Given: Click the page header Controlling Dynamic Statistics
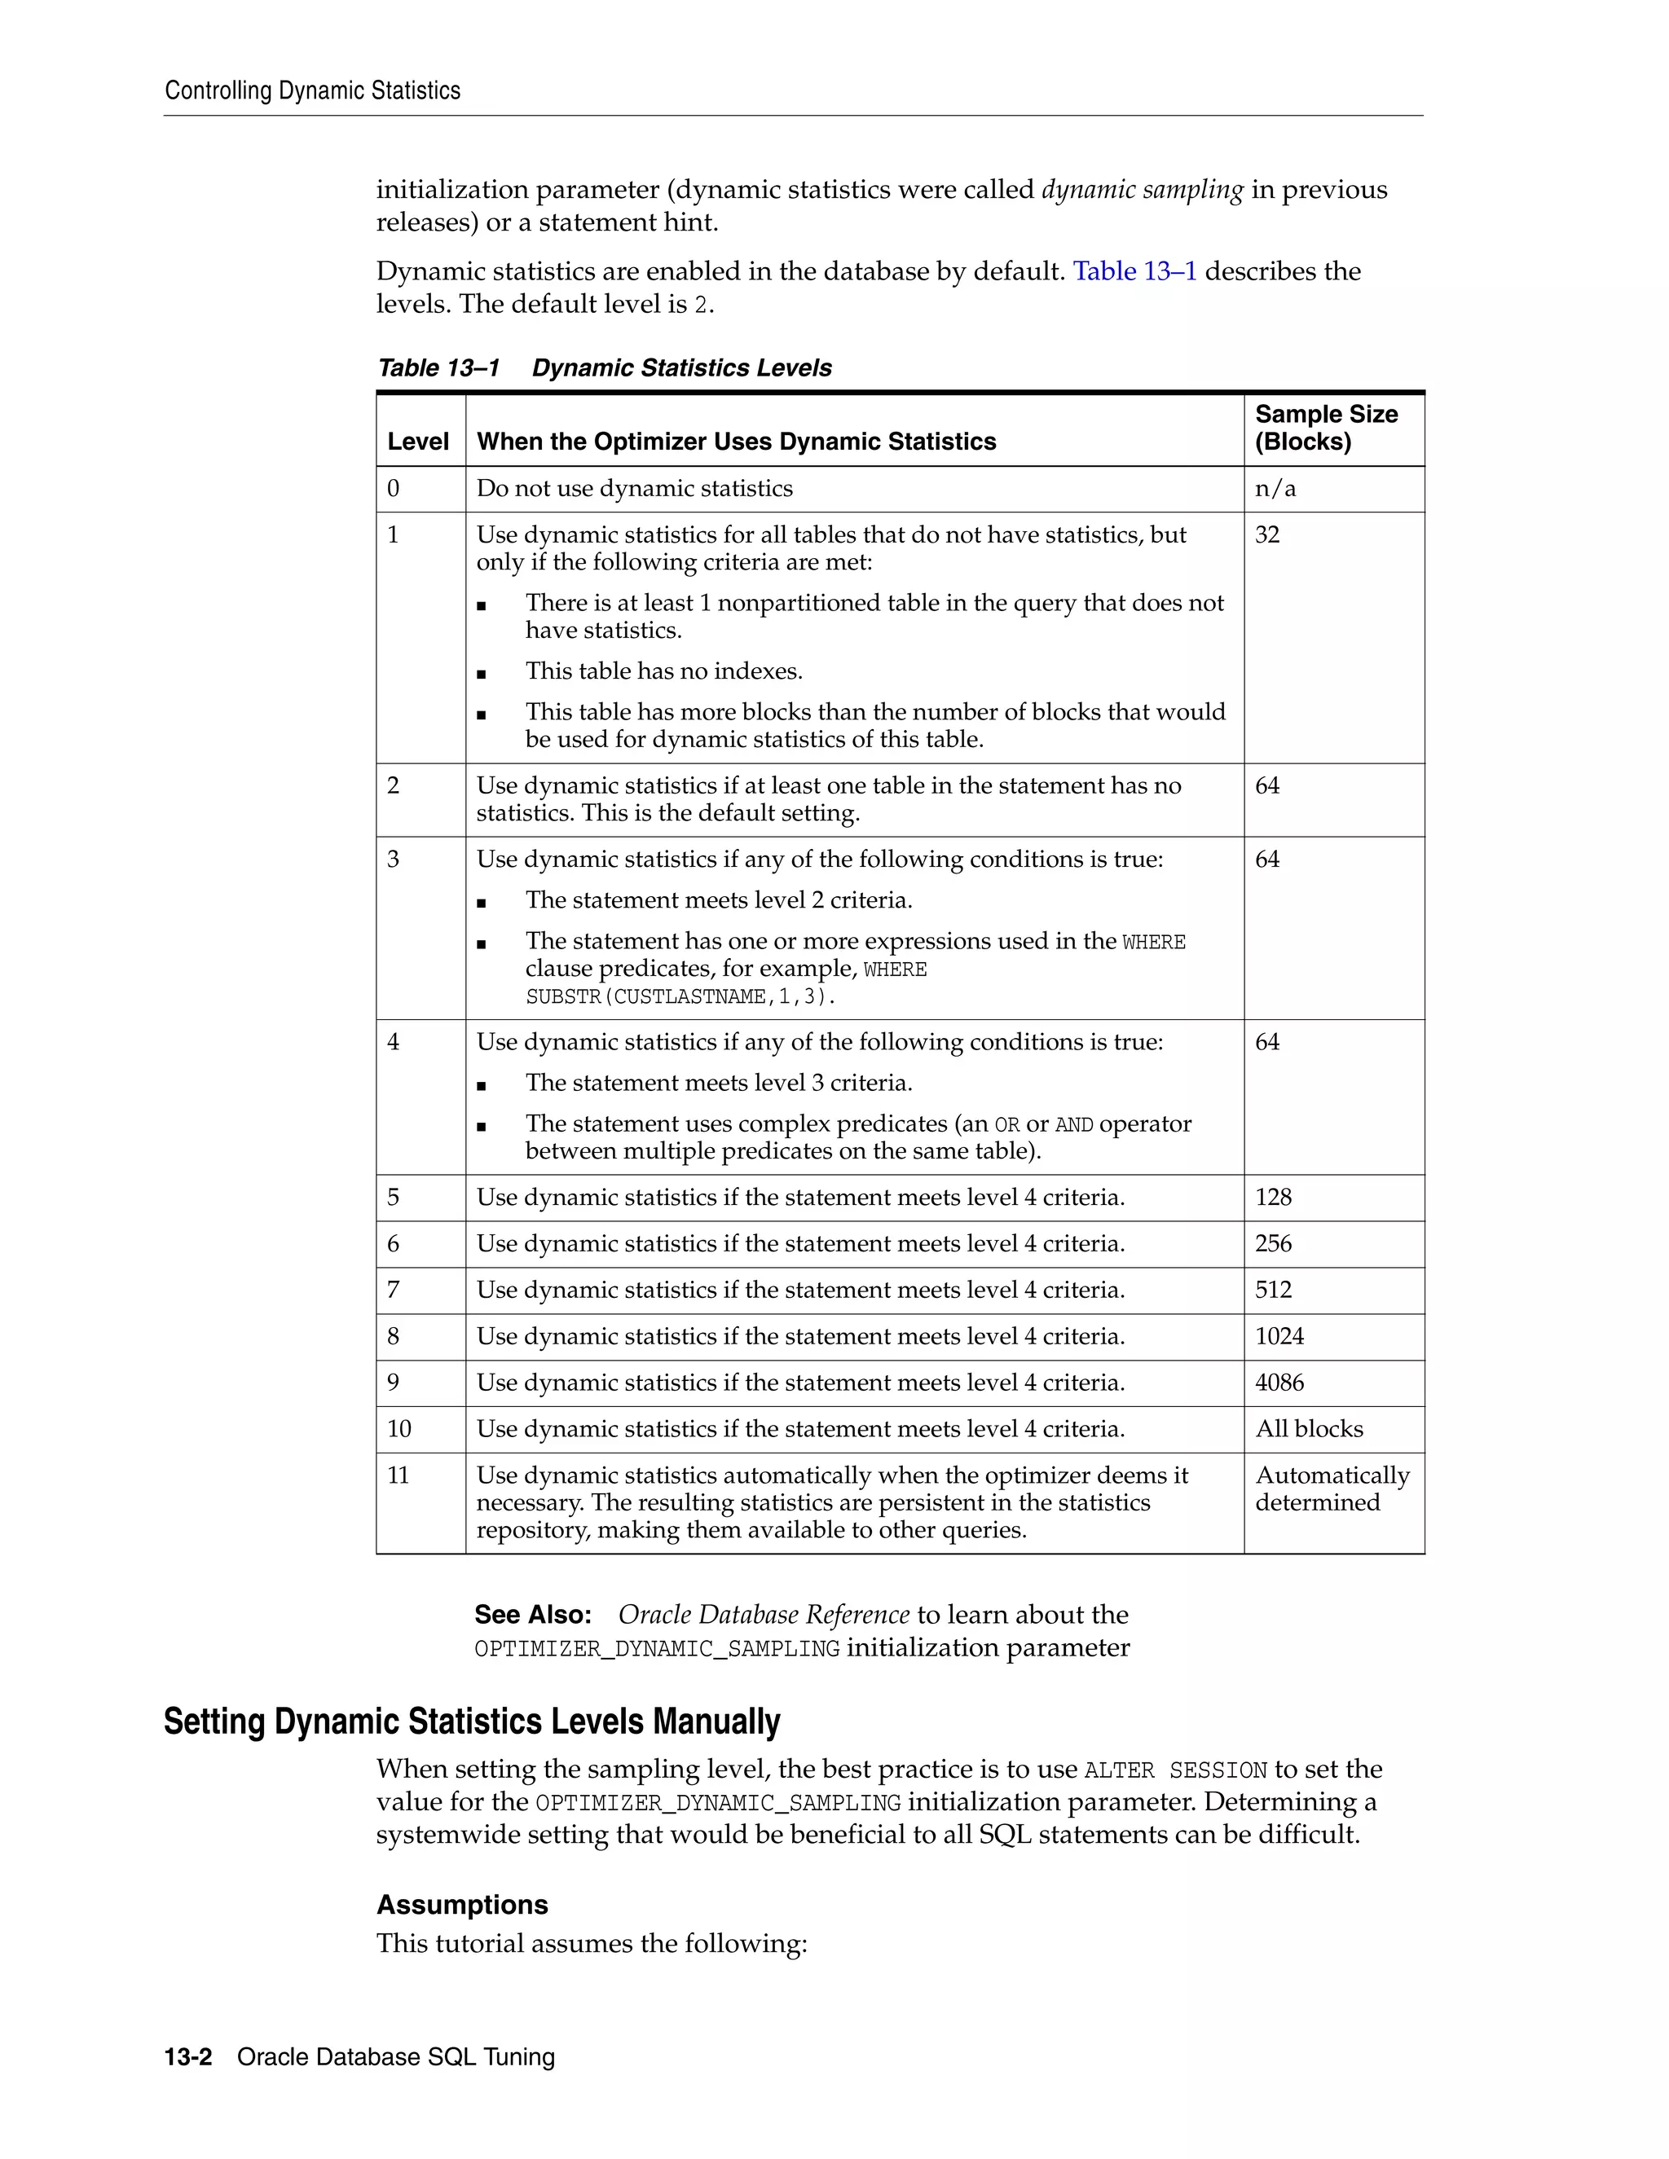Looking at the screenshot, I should click(x=312, y=91).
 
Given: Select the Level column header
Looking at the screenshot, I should click(x=417, y=441).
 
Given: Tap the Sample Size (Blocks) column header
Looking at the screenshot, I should click(x=1325, y=427).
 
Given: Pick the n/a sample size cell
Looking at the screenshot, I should click(x=1275, y=488).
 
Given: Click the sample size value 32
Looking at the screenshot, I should click(x=1266, y=534).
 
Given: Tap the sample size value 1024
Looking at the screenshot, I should click(x=1279, y=1335).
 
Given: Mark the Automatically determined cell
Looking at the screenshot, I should click(x=1331, y=1488).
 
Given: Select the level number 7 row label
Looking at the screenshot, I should click(x=394, y=1289).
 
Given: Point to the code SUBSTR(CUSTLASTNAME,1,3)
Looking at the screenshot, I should click(x=680, y=996).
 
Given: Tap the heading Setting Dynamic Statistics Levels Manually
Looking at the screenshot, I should click(x=472, y=1721).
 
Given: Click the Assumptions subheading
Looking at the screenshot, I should click(x=462, y=1905).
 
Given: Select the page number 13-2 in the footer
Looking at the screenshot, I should click(x=188, y=2056).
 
